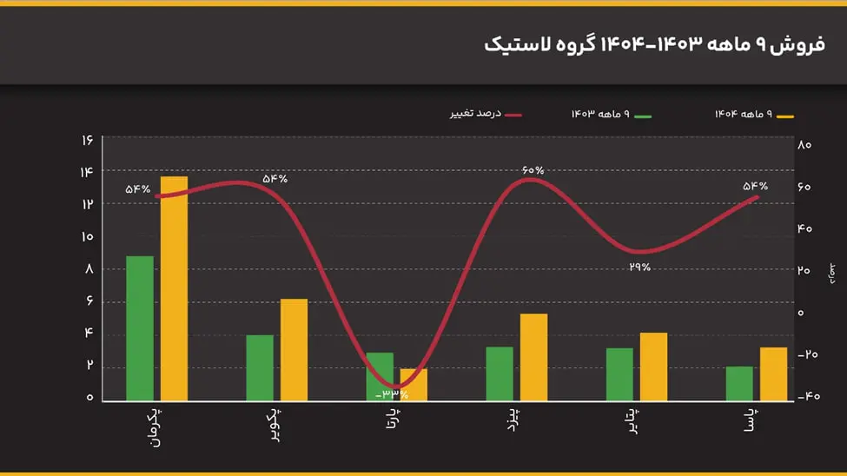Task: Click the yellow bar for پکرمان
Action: point(174,288)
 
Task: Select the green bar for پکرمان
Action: point(140,328)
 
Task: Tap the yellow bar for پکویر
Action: point(294,349)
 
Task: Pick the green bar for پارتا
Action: point(380,376)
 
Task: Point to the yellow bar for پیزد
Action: point(533,357)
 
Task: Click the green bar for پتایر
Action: point(619,374)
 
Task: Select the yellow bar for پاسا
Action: point(773,374)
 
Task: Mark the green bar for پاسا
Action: point(739,383)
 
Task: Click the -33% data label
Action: point(392,393)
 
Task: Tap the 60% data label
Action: point(533,170)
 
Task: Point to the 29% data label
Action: point(639,267)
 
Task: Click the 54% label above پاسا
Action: point(755,186)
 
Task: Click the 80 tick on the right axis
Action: point(804,145)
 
